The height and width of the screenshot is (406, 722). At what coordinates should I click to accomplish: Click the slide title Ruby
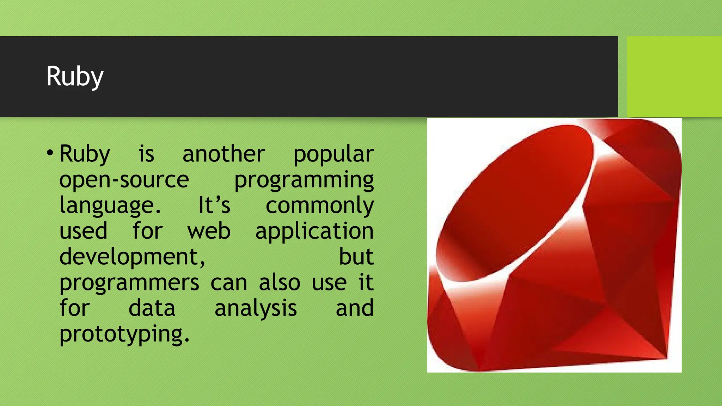pos(75,76)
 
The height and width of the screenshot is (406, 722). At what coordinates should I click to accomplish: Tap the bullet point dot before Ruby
pos(50,153)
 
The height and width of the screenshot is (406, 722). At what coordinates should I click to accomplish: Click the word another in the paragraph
pos(224,154)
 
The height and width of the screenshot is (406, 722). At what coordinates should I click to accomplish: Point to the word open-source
pos(124,180)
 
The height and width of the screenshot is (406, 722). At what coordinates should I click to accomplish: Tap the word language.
pos(110,206)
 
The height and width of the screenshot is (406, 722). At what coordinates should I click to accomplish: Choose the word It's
pos(214,205)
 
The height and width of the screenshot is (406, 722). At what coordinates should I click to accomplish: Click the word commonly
pos(319,206)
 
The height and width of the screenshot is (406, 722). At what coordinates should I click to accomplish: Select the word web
pos(209,231)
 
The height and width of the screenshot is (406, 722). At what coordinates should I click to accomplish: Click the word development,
pos(132,257)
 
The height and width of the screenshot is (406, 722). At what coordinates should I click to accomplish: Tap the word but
pos(356,257)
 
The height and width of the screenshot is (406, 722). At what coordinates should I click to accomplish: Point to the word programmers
pos(129,283)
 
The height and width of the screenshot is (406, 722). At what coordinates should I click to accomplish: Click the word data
pos(152,308)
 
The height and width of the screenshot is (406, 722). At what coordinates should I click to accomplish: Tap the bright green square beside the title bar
pos(674,76)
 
